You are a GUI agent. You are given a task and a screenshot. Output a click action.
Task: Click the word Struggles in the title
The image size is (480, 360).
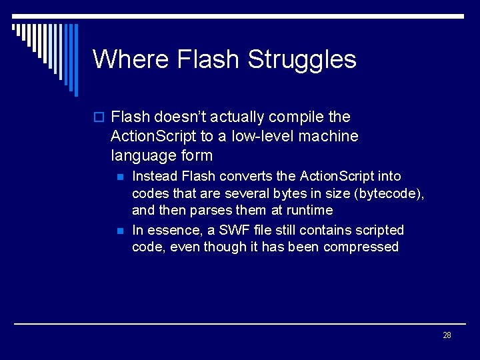pos(302,60)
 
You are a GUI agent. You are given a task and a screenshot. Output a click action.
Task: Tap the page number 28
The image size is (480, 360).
pos(447,335)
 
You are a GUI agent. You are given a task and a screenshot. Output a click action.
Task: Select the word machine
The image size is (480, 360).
pos(331,137)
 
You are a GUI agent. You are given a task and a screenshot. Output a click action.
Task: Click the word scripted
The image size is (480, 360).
pos(379,230)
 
